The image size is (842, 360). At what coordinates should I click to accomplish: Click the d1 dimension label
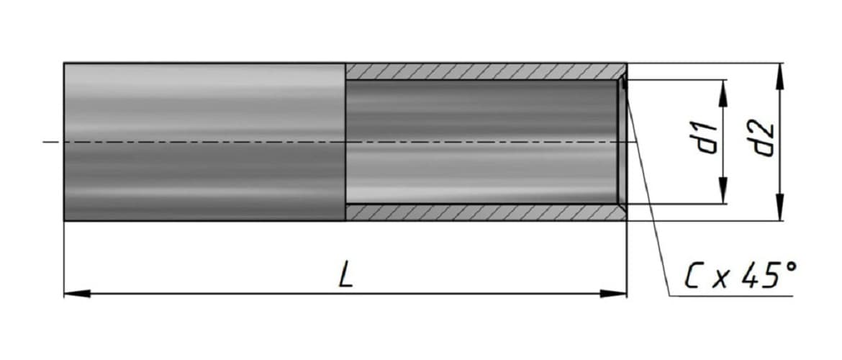[x=707, y=138]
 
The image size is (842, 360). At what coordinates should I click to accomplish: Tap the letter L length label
[x=346, y=276]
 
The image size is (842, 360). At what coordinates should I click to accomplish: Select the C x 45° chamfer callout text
[x=741, y=276]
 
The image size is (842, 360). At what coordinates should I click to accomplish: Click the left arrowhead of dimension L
[x=77, y=294]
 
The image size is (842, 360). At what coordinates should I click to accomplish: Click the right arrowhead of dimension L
[x=614, y=294]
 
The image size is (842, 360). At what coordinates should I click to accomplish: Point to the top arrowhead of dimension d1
[x=723, y=92]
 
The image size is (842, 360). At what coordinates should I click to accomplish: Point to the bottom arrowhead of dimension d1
[x=723, y=192]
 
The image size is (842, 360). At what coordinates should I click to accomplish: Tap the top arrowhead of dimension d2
[x=779, y=76]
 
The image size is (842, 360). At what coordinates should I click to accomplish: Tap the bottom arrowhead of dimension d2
[x=779, y=208]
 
